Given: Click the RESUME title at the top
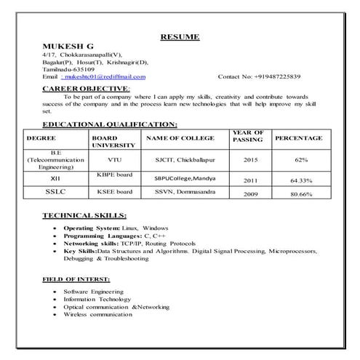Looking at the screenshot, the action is click(x=180, y=36).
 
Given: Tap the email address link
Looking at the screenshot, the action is click(x=103, y=76).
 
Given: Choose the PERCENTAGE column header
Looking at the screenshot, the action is click(x=299, y=137).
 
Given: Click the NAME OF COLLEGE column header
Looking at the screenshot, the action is click(x=180, y=137).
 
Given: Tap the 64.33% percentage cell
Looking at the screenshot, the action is click(x=300, y=180).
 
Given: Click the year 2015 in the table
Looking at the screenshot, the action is click(x=250, y=159).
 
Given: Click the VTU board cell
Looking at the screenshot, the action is click(x=114, y=159).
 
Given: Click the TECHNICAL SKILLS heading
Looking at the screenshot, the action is click(x=84, y=215).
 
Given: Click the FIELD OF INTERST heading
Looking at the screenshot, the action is click(x=76, y=279).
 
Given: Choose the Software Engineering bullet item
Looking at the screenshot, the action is click(x=93, y=292).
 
